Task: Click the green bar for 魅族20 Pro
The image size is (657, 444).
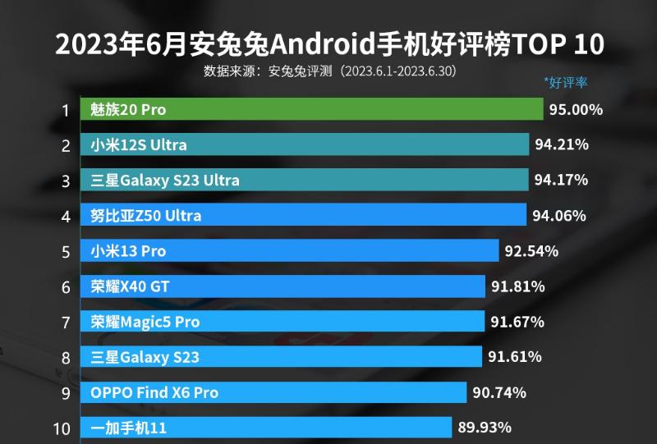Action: pos(311,109)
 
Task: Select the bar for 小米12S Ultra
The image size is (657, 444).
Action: pos(305,144)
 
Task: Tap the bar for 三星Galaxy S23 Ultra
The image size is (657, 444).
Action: pos(305,180)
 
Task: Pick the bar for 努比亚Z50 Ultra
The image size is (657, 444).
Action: pos(303,216)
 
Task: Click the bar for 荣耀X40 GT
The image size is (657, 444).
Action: pos(283,286)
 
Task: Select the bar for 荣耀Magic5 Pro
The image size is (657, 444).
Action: pos(283,322)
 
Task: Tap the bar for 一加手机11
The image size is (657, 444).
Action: pos(266,428)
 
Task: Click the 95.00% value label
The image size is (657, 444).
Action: pos(576,110)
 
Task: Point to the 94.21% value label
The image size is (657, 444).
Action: pos(562,145)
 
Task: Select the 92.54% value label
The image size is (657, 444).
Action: pos(531,251)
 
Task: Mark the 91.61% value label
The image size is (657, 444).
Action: pos(515,357)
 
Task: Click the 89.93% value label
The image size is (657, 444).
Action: pos(485,428)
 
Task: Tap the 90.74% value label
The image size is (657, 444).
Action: pos(499,392)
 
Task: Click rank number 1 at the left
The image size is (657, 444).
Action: pos(65,110)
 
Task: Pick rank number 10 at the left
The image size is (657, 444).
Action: pos(62,428)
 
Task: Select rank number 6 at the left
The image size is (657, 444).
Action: pos(65,286)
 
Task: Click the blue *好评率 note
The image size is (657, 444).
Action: pos(565,82)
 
